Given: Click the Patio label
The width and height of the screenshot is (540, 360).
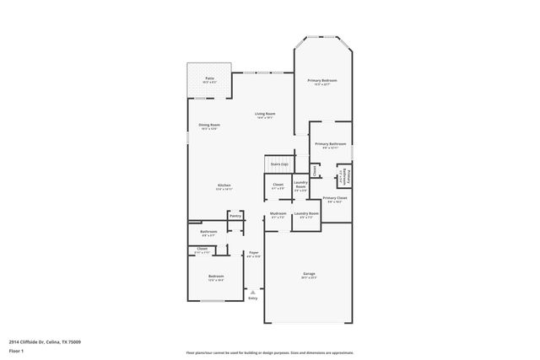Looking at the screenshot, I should [208, 78].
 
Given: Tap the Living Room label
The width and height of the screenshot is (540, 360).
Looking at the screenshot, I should [265, 114].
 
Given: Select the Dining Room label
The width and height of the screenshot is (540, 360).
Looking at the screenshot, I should [208, 126].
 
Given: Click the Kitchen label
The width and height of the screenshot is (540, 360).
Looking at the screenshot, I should [224, 185].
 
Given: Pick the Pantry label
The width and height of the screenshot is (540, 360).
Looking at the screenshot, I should [235, 216].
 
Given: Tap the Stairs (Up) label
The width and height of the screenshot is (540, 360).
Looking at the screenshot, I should [279, 164].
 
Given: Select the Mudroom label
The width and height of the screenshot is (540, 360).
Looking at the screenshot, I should [278, 214].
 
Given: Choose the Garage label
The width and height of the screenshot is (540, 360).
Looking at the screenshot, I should [309, 274].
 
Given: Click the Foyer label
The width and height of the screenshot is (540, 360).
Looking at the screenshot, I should [253, 253].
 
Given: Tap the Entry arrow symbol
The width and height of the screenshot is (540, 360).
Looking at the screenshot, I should [252, 291].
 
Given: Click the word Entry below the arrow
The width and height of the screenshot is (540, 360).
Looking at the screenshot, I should [252, 298].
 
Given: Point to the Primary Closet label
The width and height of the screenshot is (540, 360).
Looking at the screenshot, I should [335, 198].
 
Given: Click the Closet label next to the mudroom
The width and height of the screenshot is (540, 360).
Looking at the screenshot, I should [278, 185].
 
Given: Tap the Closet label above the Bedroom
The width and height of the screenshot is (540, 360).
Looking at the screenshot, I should [202, 249].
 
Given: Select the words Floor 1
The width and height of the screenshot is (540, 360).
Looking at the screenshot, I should [17, 350].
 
